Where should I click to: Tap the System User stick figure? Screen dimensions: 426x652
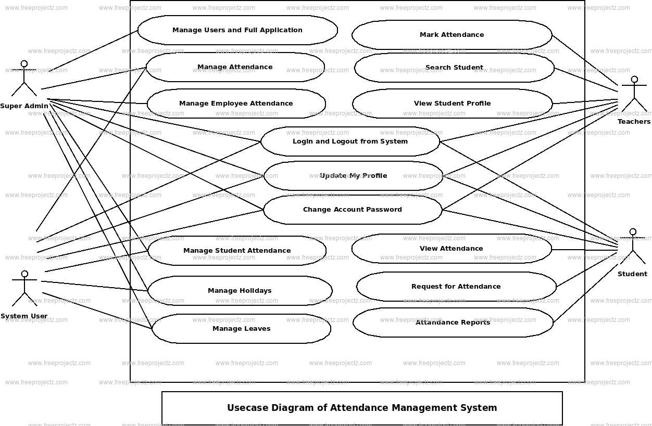tap(24, 288)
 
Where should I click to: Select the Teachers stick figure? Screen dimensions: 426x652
tap(634, 94)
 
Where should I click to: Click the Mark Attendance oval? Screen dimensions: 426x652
tap(452, 35)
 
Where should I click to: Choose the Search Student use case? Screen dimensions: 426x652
tap(454, 68)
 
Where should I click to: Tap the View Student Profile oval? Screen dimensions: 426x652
tap(452, 104)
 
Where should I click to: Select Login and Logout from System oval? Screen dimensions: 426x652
tap(350, 141)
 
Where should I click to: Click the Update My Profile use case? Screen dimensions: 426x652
tap(353, 176)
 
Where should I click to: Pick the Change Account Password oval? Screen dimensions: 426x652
tap(353, 210)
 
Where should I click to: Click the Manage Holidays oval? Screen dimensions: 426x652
tap(240, 291)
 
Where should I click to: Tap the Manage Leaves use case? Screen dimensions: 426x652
tap(241, 329)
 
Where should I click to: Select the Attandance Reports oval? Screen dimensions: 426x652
tap(453, 322)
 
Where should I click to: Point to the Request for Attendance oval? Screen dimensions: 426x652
tap(456, 287)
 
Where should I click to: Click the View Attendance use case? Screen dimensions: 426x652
tap(451, 249)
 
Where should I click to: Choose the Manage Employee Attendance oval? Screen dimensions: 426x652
tap(236, 104)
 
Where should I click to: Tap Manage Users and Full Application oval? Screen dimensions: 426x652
tap(237, 30)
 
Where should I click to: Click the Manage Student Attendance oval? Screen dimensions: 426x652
tap(237, 251)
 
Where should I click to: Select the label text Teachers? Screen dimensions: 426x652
tap(634, 122)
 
